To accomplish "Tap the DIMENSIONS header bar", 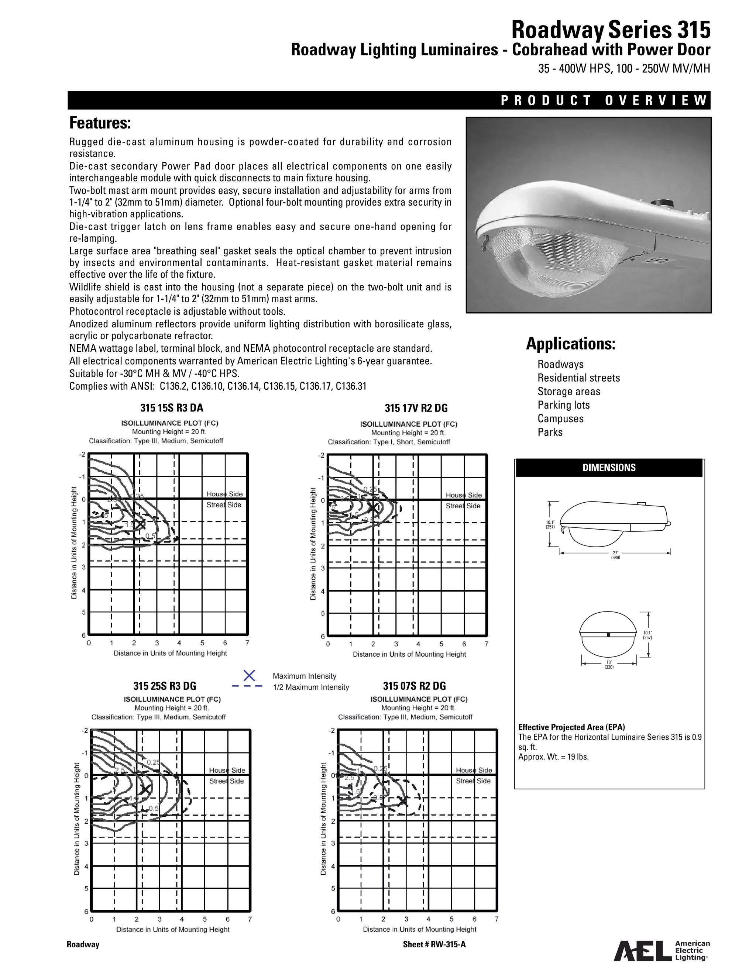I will coord(609,468).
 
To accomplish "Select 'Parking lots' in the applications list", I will coord(563,405).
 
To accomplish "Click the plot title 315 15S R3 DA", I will coord(172,407).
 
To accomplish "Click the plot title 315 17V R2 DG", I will coord(416,408).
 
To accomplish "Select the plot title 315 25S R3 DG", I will coord(164,686).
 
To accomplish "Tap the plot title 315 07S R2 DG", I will coord(414,686).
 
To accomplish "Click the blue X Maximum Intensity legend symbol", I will coord(249,675).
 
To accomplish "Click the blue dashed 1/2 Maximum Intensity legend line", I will coord(247,686).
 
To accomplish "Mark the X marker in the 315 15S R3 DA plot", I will coord(140,524).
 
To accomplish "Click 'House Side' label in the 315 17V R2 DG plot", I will coord(464,495).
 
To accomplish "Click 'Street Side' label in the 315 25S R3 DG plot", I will coord(226,781).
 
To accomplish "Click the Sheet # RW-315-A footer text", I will coord(434,945).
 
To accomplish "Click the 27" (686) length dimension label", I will coord(615,554).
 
